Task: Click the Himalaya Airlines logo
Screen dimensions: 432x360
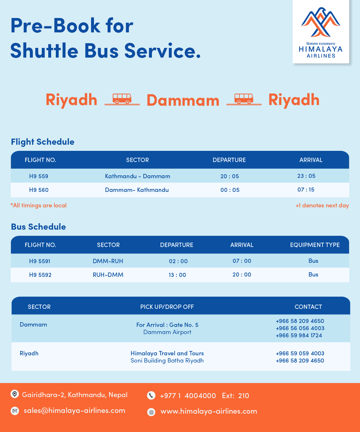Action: (x=321, y=32)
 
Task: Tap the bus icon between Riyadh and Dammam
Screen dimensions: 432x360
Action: (x=122, y=99)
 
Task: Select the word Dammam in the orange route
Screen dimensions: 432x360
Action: (x=183, y=100)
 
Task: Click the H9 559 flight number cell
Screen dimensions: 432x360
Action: (x=39, y=176)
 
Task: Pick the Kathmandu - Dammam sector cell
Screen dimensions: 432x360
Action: (x=138, y=176)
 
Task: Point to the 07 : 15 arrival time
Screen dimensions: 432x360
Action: (x=306, y=190)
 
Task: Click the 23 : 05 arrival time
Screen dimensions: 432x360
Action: (x=306, y=176)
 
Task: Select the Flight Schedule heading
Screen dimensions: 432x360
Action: (x=42, y=142)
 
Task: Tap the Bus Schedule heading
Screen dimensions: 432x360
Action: (x=39, y=227)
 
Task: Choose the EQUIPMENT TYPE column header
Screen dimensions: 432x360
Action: (x=315, y=245)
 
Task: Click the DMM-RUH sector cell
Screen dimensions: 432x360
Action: (x=108, y=261)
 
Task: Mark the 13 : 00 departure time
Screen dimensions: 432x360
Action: (x=177, y=275)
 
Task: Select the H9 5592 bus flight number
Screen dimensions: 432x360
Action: (x=40, y=275)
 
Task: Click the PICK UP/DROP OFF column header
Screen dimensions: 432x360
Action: (x=167, y=307)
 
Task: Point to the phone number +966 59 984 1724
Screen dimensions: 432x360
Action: (x=299, y=336)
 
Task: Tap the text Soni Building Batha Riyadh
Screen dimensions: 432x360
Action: (x=167, y=361)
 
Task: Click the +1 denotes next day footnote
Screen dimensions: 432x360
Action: (x=322, y=206)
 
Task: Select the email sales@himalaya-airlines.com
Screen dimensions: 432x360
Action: (x=75, y=411)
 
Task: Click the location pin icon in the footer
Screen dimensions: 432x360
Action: (x=15, y=394)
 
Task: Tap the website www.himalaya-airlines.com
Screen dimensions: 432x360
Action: (x=209, y=411)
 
